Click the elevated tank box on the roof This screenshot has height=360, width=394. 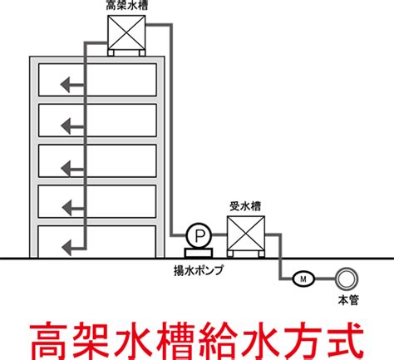click(x=126, y=32)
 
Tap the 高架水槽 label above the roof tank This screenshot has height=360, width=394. click(x=127, y=6)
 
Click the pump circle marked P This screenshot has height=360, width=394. click(x=199, y=235)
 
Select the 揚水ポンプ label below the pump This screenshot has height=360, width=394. click(x=199, y=270)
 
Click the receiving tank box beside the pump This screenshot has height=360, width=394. click(x=246, y=234)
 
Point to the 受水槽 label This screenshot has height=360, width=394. click(x=245, y=206)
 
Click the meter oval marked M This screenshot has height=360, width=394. click(x=303, y=279)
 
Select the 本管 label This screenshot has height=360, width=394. click(x=348, y=300)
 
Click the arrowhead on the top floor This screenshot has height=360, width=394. click(x=66, y=85)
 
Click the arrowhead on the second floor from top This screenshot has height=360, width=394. click(x=66, y=126)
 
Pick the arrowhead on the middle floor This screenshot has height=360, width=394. click(x=66, y=169)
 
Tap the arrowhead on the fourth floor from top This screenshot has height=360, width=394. click(x=67, y=208)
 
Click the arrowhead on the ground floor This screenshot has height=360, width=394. click(x=66, y=248)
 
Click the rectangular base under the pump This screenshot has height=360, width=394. click(x=199, y=253)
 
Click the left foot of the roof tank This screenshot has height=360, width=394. click(x=111, y=53)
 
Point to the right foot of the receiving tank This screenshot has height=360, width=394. click(x=261, y=254)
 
